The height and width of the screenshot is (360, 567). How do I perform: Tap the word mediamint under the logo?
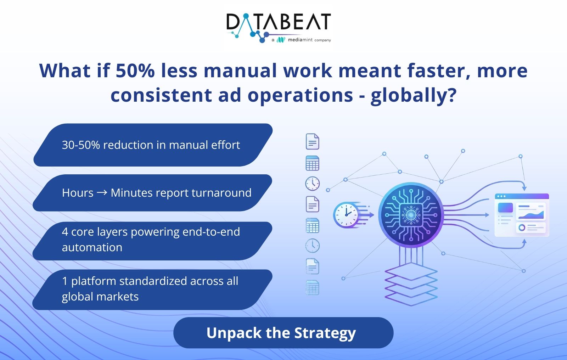tap(300, 40)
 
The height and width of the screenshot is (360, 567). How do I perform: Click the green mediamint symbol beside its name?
tap(281, 40)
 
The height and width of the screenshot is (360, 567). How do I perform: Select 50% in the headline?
tap(135, 71)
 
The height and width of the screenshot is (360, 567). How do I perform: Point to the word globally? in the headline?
tap(414, 96)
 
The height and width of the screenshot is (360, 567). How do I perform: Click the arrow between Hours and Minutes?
tap(102, 193)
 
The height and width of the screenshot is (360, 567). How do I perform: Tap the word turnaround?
tap(221, 193)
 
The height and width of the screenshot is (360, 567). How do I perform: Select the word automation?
tap(92, 247)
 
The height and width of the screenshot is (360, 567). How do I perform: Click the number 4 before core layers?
tap(65, 232)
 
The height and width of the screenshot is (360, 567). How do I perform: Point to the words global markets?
tap(100, 297)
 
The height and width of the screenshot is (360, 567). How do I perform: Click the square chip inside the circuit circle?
tap(411, 215)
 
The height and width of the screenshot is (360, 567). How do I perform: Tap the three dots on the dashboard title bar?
tap(501, 196)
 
